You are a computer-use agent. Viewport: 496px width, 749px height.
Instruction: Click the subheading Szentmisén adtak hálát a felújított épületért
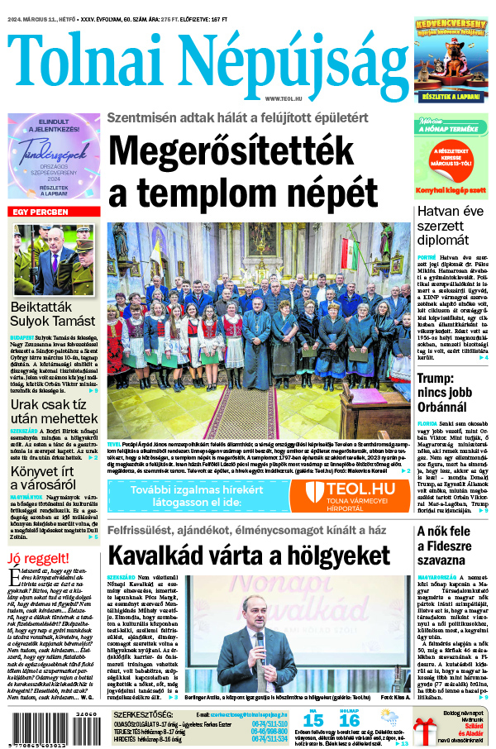click(237, 117)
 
